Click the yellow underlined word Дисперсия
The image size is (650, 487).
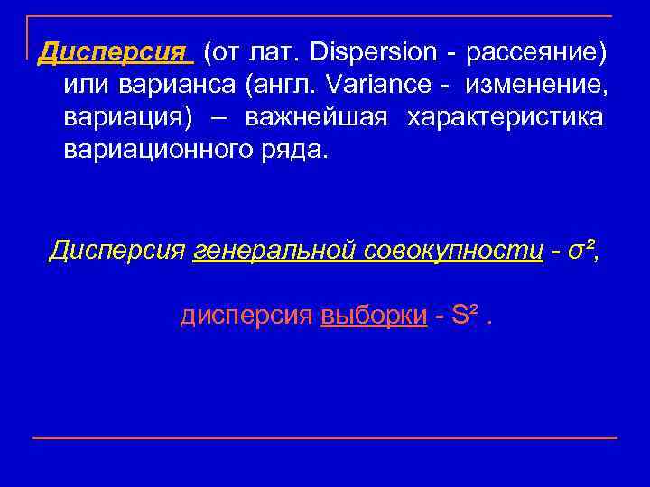[115, 52]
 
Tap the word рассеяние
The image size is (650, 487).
[532, 52]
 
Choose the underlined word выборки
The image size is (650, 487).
[374, 316]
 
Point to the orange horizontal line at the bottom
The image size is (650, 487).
[325, 438]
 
